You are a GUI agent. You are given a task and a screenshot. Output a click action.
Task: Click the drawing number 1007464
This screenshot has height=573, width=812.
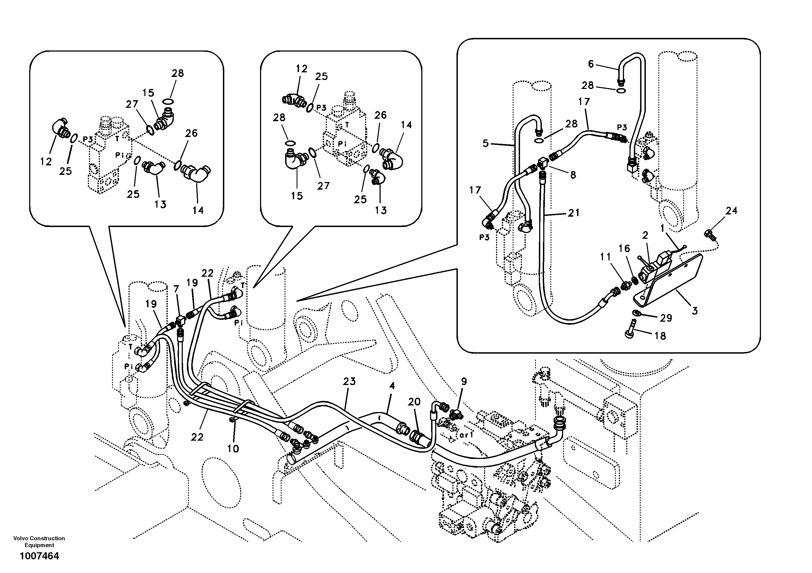[39, 556]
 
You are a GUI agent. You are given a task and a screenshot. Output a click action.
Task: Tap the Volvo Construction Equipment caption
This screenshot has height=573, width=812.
[39, 542]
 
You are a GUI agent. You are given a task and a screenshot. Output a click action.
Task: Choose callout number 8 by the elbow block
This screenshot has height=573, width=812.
[573, 174]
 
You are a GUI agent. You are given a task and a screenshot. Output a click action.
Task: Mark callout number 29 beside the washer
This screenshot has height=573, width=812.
[666, 318]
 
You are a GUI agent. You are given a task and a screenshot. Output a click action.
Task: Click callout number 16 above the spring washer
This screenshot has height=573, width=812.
[624, 248]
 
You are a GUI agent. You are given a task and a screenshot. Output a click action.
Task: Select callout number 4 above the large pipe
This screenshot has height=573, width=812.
[392, 386]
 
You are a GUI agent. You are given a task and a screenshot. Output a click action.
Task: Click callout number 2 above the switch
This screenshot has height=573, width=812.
[645, 235]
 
